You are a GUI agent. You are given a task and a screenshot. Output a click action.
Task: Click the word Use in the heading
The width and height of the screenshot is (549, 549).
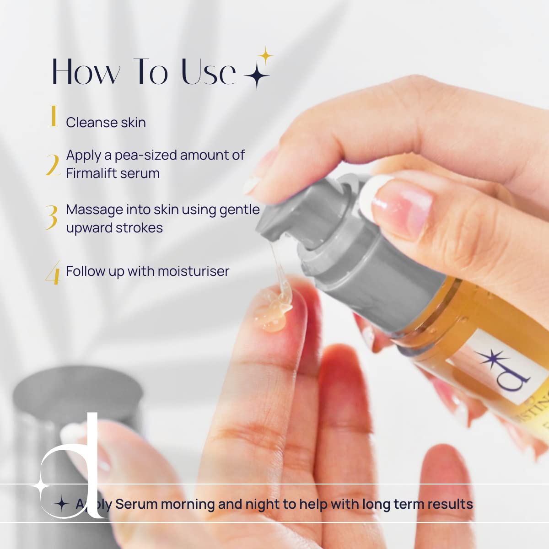pyautogui.click(x=209, y=72)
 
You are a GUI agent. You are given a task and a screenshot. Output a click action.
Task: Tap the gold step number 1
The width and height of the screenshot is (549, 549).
pyautogui.click(x=54, y=116)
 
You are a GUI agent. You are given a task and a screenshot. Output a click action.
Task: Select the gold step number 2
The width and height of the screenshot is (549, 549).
pyautogui.click(x=53, y=165)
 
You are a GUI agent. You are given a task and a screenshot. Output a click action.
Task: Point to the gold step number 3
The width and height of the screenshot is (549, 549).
pyautogui.click(x=52, y=217)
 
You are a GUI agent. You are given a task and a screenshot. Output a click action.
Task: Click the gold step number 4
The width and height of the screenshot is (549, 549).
pyautogui.click(x=53, y=273)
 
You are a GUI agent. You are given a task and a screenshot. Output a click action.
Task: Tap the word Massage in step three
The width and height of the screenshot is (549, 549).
pyautogui.click(x=95, y=210)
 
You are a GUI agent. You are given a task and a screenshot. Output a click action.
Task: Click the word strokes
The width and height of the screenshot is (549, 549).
pyautogui.click(x=139, y=228)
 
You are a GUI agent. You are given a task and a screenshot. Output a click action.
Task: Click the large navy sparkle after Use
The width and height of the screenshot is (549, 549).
pyautogui.click(x=257, y=75)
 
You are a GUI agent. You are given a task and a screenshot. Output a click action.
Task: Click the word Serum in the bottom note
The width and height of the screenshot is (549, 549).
pyautogui.click(x=136, y=504)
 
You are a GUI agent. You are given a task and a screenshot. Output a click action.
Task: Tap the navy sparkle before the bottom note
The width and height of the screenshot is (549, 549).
pyautogui.click(x=61, y=504)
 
